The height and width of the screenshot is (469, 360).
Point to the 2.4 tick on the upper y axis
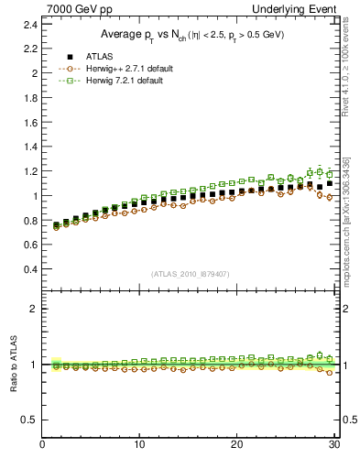(29, 23)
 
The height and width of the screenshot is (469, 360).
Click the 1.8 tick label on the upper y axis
(29, 97)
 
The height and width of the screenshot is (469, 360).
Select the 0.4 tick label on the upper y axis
(29, 270)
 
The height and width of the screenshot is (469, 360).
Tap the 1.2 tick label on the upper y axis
(29, 171)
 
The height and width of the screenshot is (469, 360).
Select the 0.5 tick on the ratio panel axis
(29, 420)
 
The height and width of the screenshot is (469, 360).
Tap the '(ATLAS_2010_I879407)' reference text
(190, 274)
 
